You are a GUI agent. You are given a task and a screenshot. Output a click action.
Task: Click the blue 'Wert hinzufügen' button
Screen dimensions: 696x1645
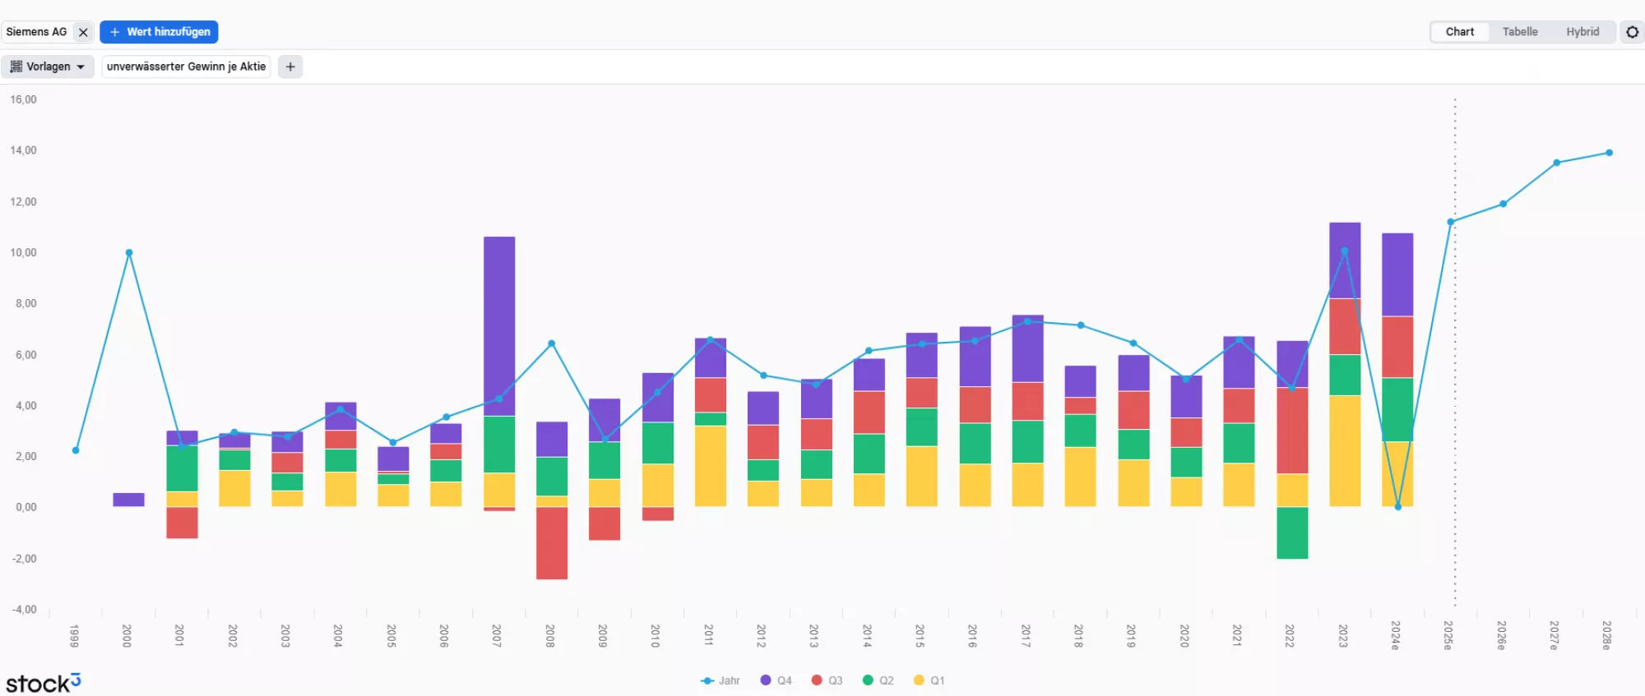click(x=159, y=32)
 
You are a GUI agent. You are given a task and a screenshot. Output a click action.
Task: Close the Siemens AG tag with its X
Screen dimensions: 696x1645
click(x=83, y=33)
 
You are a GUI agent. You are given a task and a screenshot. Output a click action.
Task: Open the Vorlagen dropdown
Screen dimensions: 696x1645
click(x=48, y=67)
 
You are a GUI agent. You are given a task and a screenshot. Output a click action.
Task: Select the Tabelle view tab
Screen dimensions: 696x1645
click(x=1519, y=32)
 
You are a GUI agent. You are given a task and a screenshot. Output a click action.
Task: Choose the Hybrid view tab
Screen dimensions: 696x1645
click(x=1582, y=32)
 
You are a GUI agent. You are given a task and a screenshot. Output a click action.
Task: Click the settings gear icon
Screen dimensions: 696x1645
click(x=1632, y=32)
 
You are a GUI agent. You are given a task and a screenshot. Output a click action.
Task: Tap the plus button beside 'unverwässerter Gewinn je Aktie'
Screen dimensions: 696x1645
click(x=290, y=67)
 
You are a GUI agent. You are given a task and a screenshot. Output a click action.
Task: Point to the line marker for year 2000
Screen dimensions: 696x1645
click(x=129, y=253)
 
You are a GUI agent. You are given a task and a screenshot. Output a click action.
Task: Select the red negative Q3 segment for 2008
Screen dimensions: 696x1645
click(x=552, y=543)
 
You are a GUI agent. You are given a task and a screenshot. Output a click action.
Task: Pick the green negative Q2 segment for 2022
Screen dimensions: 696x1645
click(x=1292, y=533)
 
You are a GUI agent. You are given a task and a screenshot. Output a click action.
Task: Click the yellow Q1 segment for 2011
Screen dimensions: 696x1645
click(x=711, y=466)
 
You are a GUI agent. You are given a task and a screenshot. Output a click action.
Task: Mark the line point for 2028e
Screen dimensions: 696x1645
click(x=1609, y=153)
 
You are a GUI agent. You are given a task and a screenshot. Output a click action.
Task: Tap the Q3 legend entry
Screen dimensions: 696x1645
click(x=827, y=680)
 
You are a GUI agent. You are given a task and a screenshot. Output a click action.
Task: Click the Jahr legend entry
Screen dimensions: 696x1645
click(x=721, y=680)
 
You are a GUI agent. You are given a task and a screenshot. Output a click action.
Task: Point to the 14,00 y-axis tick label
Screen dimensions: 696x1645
click(x=24, y=150)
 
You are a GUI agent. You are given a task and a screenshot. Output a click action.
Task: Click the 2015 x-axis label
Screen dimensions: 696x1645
click(x=920, y=635)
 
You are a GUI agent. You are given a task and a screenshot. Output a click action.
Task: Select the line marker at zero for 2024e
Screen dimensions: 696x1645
click(x=1397, y=507)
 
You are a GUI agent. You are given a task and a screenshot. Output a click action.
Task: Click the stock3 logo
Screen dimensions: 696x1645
click(x=43, y=683)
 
